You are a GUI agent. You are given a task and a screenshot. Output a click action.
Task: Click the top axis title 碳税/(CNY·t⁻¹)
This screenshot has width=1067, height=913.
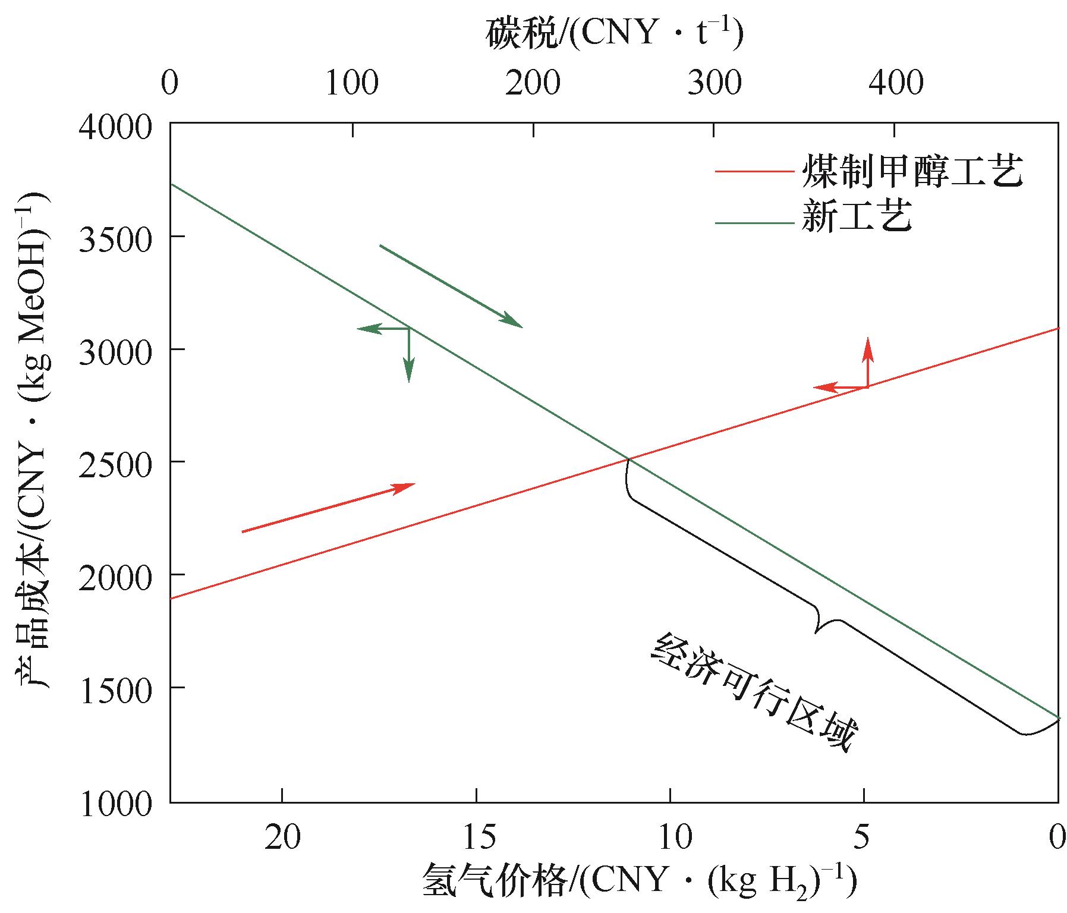[x=614, y=34]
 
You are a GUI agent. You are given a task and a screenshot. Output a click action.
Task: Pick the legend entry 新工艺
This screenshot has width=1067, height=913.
[x=857, y=217]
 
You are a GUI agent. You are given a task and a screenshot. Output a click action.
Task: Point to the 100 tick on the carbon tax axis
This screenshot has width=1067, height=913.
[x=352, y=84]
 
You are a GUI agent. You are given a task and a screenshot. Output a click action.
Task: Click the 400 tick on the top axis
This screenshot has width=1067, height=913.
[x=896, y=84]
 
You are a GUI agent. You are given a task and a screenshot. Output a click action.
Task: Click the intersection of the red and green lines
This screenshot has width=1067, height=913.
[x=628, y=459]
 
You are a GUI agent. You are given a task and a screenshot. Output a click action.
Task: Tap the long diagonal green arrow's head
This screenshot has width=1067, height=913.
[x=518, y=325]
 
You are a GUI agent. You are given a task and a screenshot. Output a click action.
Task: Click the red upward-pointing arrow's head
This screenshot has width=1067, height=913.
[x=868, y=344]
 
